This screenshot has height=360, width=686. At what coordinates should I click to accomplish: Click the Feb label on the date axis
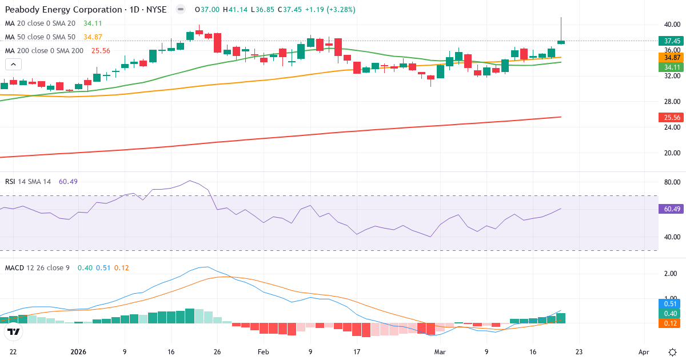pos(263,352)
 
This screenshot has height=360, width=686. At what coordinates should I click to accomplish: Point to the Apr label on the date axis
pos(644,352)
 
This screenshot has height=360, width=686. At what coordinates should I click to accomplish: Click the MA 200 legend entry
pos(44,50)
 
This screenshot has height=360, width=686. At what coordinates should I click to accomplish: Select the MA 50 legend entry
pos(40,37)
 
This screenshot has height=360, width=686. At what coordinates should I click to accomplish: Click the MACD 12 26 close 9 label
pos(38,267)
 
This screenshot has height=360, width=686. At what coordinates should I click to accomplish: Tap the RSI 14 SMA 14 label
pos(28,181)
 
